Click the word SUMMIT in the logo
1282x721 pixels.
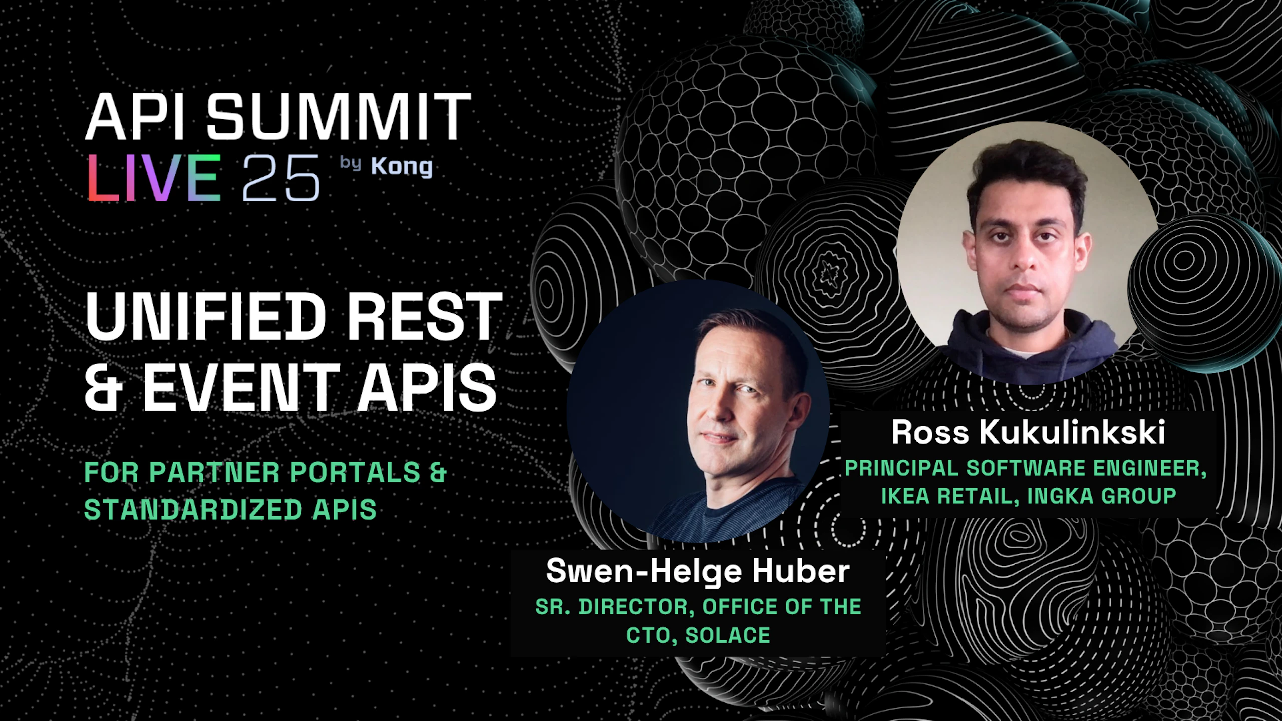pyautogui.click(x=339, y=116)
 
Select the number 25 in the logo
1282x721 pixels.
pyautogui.click(x=281, y=178)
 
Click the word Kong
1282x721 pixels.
pyautogui.click(x=402, y=167)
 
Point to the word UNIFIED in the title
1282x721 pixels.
pyautogui.click(x=206, y=317)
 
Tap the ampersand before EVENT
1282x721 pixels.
pyautogui.click(x=104, y=386)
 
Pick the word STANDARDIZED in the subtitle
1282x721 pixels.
pyautogui.click(x=193, y=510)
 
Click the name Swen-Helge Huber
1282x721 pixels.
pyautogui.click(x=698, y=571)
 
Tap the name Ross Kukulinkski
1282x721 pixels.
pyautogui.click(x=1028, y=432)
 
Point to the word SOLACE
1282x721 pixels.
pyautogui.click(x=728, y=635)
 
